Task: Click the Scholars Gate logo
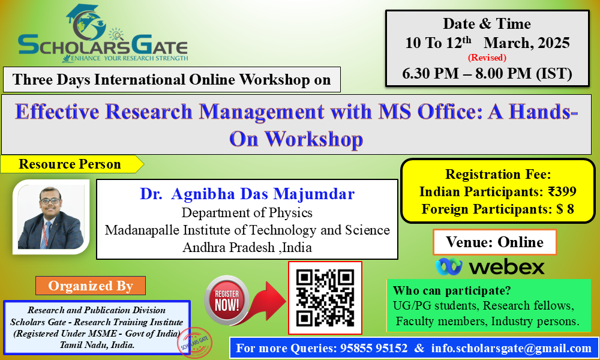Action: click(103, 34)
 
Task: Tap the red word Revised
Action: click(487, 58)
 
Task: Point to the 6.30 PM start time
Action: click(430, 73)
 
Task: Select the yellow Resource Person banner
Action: click(72, 164)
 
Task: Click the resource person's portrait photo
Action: click(51, 217)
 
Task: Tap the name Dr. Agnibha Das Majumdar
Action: click(247, 194)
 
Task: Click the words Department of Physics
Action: click(247, 212)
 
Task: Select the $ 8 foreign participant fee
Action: click(565, 209)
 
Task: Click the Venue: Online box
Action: click(495, 242)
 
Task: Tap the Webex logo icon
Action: click(448, 266)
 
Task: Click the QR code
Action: click(325, 298)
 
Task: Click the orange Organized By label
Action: click(91, 286)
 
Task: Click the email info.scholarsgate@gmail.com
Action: click(511, 348)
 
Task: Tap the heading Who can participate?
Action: click(452, 290)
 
